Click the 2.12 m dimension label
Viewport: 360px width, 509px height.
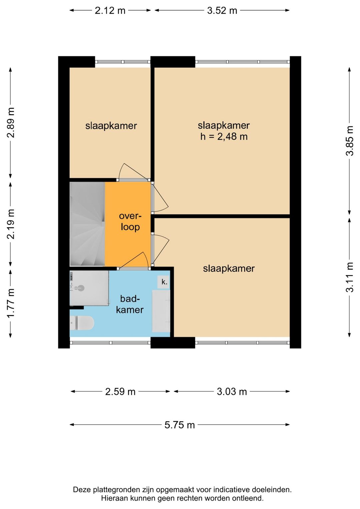pyautogui.click(x=110, y=10)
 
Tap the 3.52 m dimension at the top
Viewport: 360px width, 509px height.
pyautogui.click(x=222, y=10)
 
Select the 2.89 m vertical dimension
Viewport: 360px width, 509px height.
pyautogui.click(x=11, y=122)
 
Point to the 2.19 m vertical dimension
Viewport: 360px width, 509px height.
pyautogui.click(x=11, y=224)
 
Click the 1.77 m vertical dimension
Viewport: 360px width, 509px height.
pyautogui.click(x=11, y=303)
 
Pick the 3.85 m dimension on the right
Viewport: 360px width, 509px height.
pyautogui.click(x=350, y=141)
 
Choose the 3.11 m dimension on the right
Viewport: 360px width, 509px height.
pyautogui.click(x=350, y=277)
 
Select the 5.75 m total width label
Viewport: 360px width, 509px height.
pyautogui.click(x=180, y=425)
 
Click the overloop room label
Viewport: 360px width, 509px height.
pyautogui.click(x=130, y=221)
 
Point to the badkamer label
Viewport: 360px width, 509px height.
pyautogui.click(x=130, y=304)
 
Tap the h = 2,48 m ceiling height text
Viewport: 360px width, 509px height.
pyautogui.click(x=224, y=137)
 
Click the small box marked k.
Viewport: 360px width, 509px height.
pyautogui.click(x=164, y=282)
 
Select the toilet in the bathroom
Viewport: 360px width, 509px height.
pyautogui.click(x=82, y=323)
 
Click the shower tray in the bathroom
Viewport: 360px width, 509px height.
pyautogui.click(x=89, y=288)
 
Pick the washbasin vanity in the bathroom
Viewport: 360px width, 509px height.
pyautogui.click(x=161, y=311)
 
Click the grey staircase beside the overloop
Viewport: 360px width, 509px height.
pyautogui.click(x=87, y=224)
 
